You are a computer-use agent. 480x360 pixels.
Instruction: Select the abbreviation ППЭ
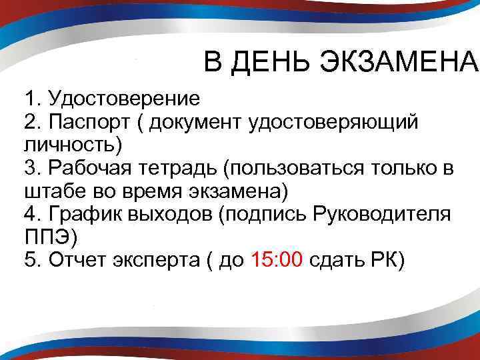[47, 237]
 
